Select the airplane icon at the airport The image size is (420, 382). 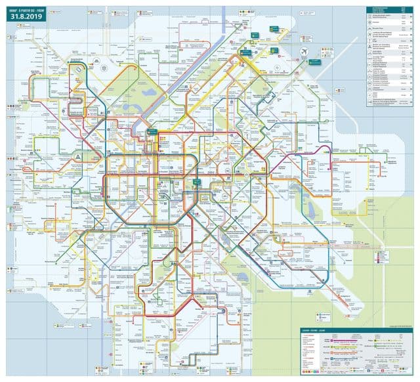[304, 51]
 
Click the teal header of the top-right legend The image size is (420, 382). [387, 8]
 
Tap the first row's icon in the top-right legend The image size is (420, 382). [369, 16]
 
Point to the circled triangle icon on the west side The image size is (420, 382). [78, 158]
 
